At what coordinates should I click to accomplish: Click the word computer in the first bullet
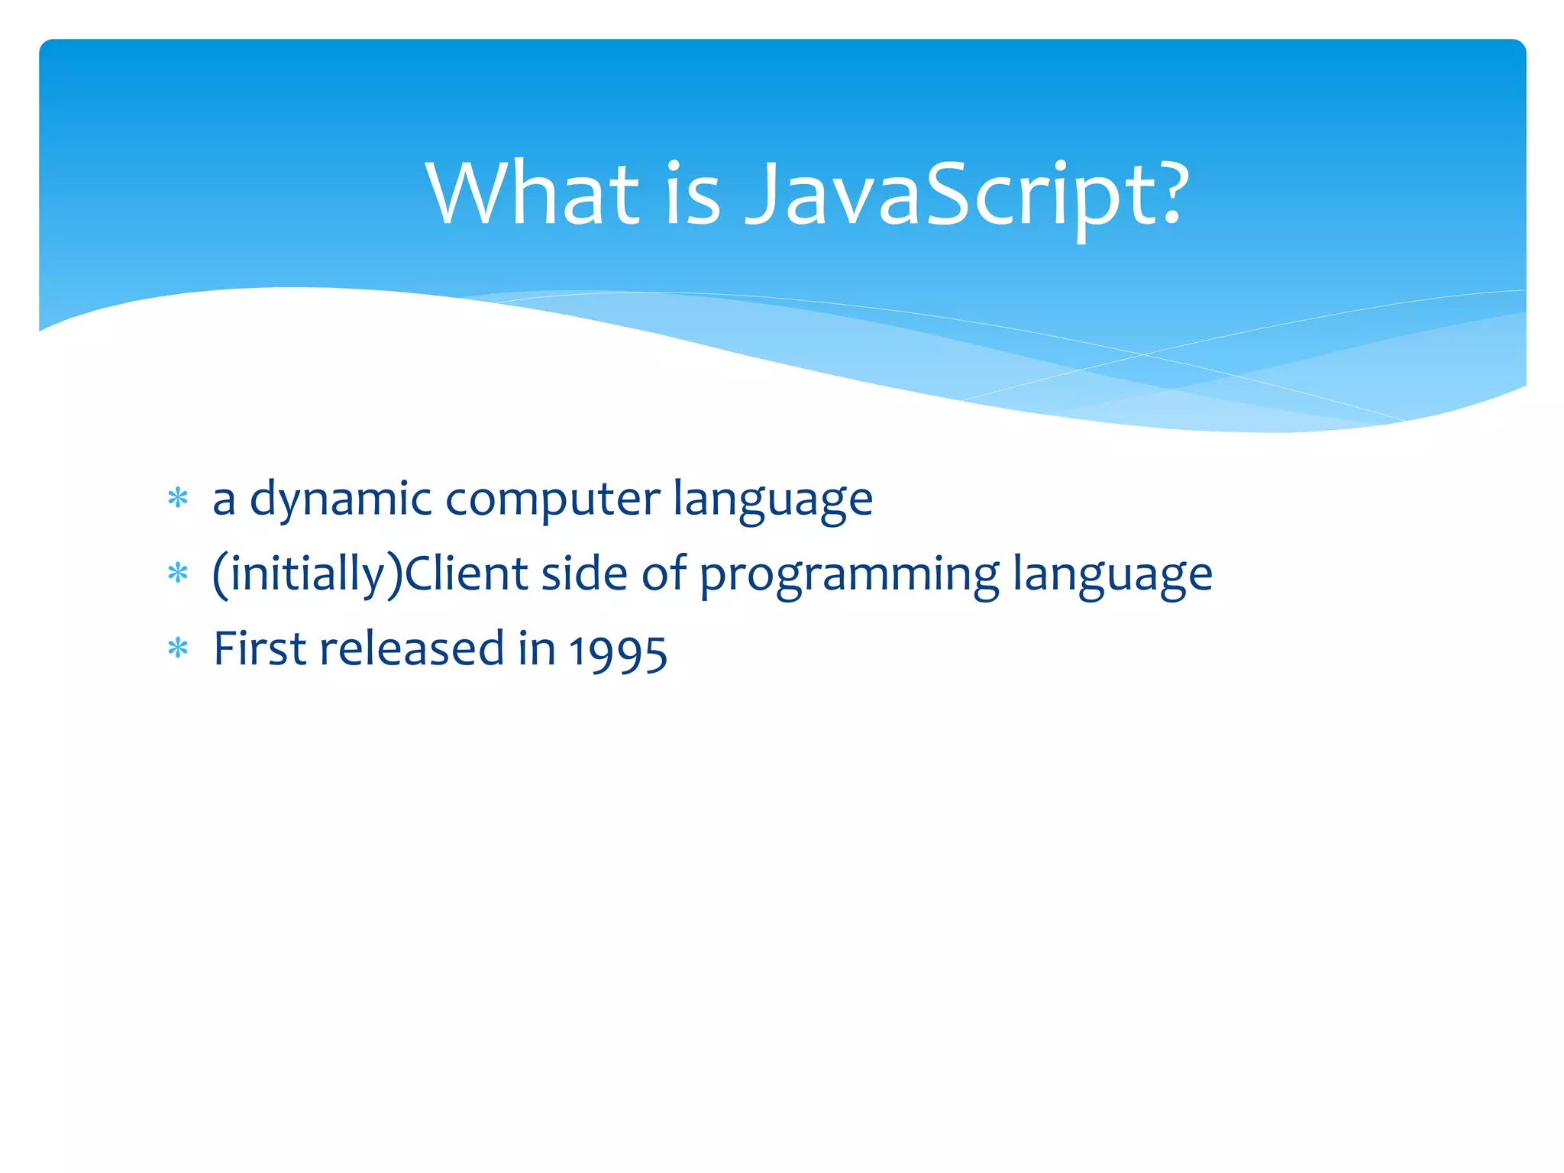(552, 500)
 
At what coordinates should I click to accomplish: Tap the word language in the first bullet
(773, 500)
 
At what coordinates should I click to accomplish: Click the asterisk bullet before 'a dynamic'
(178, 499)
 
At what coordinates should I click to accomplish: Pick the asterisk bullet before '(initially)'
(178, 574)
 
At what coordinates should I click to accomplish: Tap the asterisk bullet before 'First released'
(178, 649)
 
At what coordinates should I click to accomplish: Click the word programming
(849, 574)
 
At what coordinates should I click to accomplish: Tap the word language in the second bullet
(1113, 574)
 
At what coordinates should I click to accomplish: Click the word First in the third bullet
(259, 649)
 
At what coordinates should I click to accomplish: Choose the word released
(412, 649)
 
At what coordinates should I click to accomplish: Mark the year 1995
(618, 651)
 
